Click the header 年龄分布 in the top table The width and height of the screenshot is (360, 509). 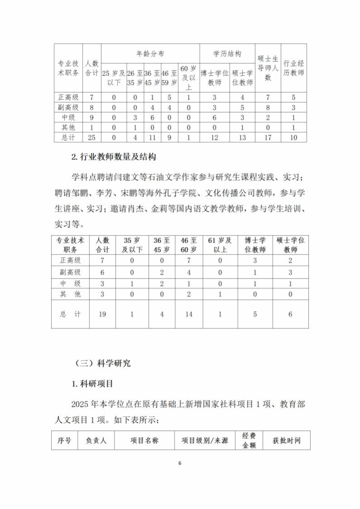(x=150, y=54)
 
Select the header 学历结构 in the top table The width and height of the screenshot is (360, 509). (x=227, y=54)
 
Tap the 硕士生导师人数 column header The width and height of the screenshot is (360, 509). (x=268, y=68)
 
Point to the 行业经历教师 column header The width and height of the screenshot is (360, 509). (x=293, y=68)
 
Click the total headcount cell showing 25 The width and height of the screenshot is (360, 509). (x=92, y=137)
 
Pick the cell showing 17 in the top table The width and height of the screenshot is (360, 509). (x=268, y=137)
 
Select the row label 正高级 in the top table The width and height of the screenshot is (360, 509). (x=68, y=97)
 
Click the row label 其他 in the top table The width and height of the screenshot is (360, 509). (x=68, y=127)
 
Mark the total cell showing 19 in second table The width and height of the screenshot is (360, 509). (x=102, y=314)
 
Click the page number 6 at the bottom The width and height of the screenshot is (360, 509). (x=180, y=463)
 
